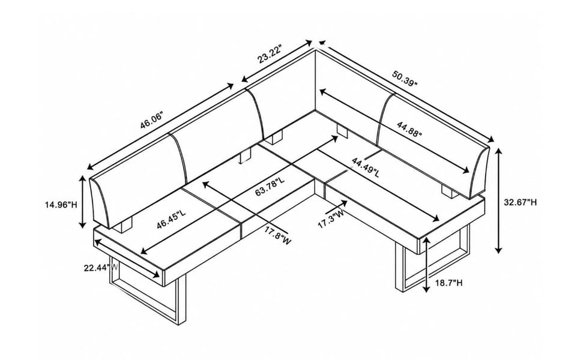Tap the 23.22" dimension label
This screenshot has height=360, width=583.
270,54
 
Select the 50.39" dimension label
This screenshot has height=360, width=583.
405,79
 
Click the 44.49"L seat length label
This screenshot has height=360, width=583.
366,167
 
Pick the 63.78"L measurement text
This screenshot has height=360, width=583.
270,187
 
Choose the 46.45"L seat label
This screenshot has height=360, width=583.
171,220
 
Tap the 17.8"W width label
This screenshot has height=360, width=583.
278,236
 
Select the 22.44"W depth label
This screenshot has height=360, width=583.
101,267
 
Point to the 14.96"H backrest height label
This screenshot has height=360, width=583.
61,205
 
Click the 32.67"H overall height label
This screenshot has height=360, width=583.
521,202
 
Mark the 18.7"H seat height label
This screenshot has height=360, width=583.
449,283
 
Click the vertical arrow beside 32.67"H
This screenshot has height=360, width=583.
498,200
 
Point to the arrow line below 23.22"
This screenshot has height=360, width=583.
277,61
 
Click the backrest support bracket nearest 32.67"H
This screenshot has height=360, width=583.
449,192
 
